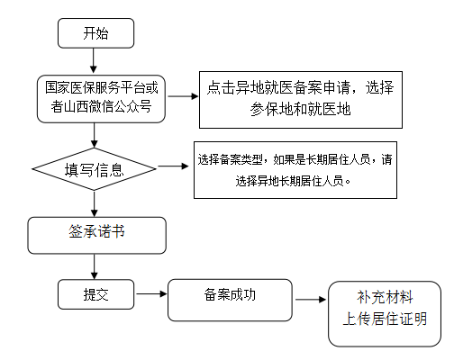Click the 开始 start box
(x=95, y=33)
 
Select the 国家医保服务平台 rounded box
(x=101, y=99)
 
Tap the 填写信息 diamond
(x=95, y=169)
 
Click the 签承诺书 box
(x=96, y=236)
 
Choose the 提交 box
(x=95, y=294)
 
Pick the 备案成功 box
(x=230, y=300)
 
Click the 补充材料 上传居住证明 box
(x=385, y=314)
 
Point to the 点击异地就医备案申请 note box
(x=301, y=100)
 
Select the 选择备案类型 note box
(x=295, y=170)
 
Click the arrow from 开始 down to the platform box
(x=94, y=60)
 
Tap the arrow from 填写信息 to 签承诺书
(x=95, y=203)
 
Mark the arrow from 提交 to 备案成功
(x=151, y=293)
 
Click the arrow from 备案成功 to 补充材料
(x=311, y=299)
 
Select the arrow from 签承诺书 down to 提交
(x=95, y=266)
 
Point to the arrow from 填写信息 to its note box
(x=173, y=166)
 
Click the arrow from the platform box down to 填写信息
(x=95, y=135)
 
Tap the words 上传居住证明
(x=385, y=319)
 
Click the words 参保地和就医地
(x=301, y=109)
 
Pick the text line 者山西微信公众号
(x=101, y=106)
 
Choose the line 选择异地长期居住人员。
(x=293, y=181)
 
